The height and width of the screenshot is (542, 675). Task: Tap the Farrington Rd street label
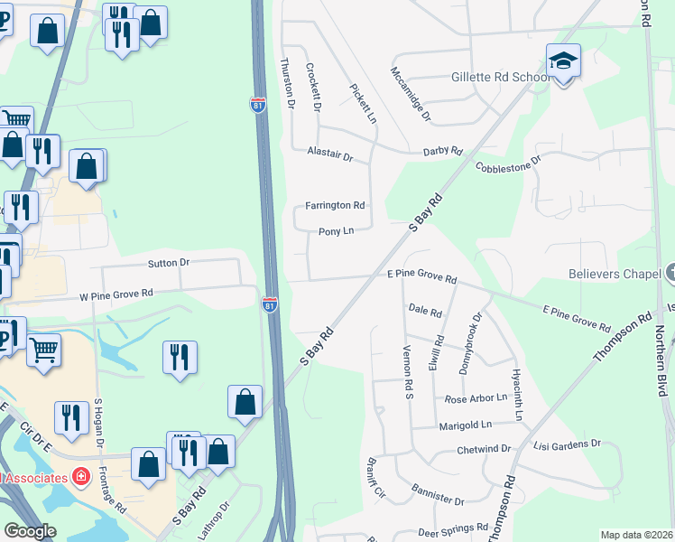pyautogui.click(x=334, y=205)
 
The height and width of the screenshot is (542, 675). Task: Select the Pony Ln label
pyautogui.click(x=334, y=232)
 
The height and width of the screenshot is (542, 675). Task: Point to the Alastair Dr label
pyautogui.click(x=329, y=154)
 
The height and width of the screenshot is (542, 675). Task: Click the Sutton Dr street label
pyautogui.click(x=169, y=263)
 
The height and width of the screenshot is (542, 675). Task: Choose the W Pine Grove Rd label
pyautogui.click(x=116, y=294)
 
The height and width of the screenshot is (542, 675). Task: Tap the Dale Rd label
pyautogui.click(x=424, y=313)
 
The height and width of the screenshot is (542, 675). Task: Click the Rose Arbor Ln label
pyautogui.click(x=476, y=399)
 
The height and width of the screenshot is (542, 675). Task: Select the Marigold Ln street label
pyautogui.click(x=466, y=425)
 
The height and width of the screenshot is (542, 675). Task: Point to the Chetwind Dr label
pyautogui.click(x=484, y=449)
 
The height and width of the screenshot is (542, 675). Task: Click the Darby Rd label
pyautogui.click(x=442, y=151)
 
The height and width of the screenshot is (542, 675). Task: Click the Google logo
pyautogui.click(x=30, y=532)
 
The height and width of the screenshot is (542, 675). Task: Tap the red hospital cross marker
pyautogui.click(x=81, y=475)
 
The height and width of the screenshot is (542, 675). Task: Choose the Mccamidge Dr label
pyautogui.click(x=411, y=94)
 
